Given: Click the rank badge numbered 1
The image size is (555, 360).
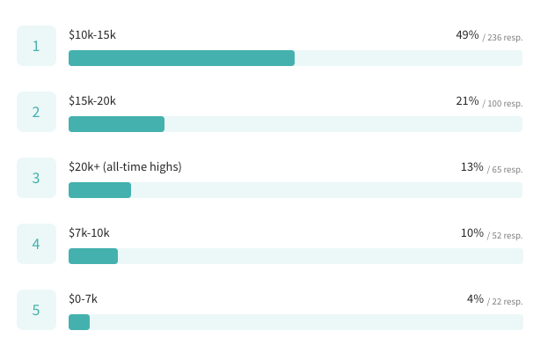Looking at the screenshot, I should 36,46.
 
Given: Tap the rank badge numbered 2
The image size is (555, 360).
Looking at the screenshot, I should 36,112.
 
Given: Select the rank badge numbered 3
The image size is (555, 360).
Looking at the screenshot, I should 36,178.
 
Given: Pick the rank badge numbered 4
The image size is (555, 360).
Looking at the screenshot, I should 36,244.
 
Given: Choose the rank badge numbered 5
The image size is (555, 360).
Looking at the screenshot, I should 36,310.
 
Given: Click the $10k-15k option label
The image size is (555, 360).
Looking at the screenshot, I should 92,35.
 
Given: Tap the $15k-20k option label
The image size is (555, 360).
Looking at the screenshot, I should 92,101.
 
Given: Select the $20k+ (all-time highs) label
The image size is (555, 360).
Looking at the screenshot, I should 125,167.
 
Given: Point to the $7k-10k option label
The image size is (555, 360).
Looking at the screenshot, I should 89,233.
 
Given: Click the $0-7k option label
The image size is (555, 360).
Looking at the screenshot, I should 84,299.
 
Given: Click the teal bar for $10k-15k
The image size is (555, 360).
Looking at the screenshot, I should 181,58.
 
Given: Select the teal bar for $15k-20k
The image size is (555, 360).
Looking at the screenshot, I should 116,124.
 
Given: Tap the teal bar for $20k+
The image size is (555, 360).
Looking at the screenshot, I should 99,190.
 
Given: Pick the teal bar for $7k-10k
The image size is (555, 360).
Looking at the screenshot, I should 93,256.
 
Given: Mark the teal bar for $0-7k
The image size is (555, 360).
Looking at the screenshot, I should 79,322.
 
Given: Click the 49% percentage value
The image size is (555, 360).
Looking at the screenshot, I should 467,35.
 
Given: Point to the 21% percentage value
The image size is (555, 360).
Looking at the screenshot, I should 467,101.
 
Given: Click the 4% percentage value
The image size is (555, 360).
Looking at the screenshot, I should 475,299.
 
